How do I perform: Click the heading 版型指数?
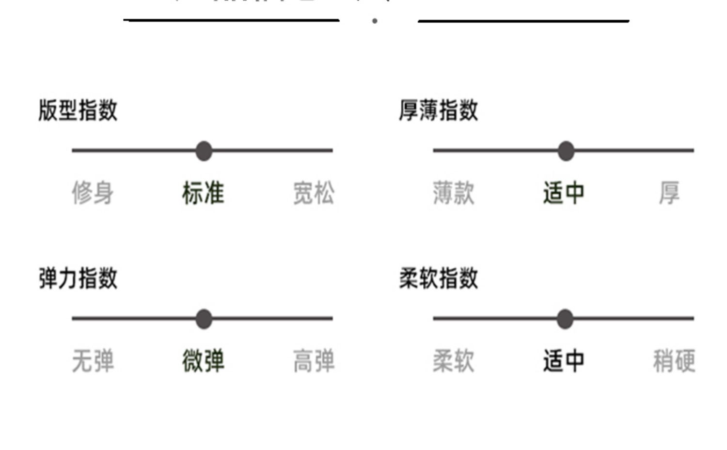click(78, 110)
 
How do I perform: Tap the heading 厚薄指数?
click(439, 110)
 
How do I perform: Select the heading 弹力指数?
click(78, 279)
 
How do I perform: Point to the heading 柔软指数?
click(439, 279)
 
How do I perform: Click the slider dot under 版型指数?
click(204, 151)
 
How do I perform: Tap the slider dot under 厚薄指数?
click(566, 151)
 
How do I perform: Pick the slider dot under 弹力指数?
click(204, 319)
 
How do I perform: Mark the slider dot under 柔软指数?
click(565, 319)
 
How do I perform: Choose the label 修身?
click(93, 193)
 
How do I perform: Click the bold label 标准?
click(203, 193)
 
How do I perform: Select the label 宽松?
click(314, 193)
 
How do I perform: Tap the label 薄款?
click(454, 193)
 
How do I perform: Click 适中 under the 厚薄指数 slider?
click(564, 193)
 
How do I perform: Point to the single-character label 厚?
click(669, 193)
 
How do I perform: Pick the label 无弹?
click(93, 361)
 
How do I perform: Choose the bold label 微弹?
click(203, 361)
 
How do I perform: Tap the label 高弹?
click(314, 361)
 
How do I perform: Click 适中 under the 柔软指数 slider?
click(564, 361)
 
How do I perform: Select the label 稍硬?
click(674, 361)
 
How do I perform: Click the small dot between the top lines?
click(375, 21)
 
